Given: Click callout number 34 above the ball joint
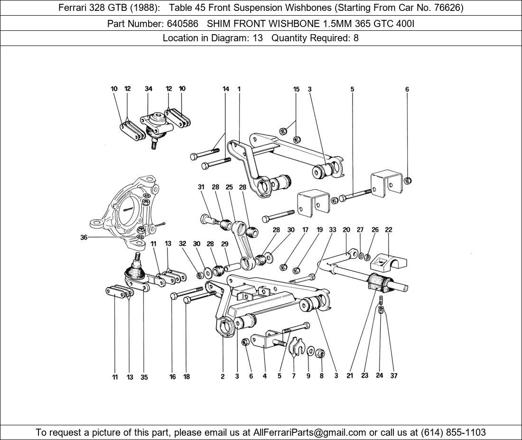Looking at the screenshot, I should [149, 89].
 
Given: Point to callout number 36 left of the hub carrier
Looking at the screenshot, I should [84, 238].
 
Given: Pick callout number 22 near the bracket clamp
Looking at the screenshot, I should [389, 230].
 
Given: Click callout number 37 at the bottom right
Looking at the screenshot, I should [393, 376].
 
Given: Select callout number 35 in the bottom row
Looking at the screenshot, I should [144, 377].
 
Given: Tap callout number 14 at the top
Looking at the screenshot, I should [226, 89].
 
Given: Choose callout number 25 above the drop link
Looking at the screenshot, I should [229, 187].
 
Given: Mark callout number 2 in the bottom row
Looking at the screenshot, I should [223, 377].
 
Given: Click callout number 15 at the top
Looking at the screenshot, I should [296, 89].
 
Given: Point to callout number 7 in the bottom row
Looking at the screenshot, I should [294, 376].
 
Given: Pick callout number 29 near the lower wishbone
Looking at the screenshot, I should [224, 244].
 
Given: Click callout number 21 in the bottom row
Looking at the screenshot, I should [350, 376].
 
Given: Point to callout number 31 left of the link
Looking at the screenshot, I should [201, 187].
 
